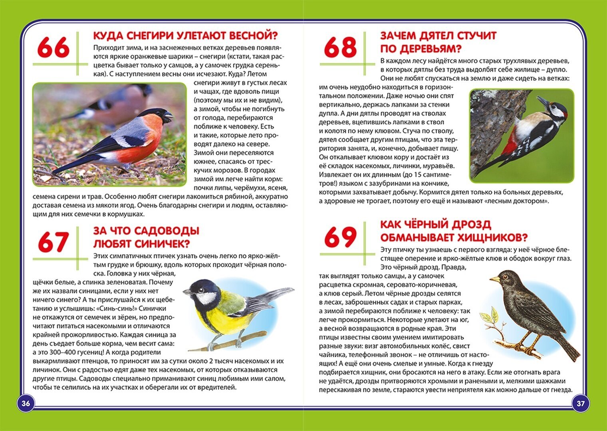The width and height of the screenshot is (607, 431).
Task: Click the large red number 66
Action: (x=53, y=47)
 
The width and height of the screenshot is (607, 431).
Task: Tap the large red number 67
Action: (x=53, y=242)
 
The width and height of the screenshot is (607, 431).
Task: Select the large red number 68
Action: (x=340, y=47)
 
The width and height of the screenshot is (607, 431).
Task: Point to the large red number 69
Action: (x=340, y=237)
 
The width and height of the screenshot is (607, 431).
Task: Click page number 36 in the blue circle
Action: (x=26, y=403)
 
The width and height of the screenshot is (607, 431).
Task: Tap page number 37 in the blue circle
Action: (x=581, y=403)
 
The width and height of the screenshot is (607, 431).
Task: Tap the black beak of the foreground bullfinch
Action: (x=168, y=117)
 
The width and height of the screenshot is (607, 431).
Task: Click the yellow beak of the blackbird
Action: (x=495, y=279)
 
